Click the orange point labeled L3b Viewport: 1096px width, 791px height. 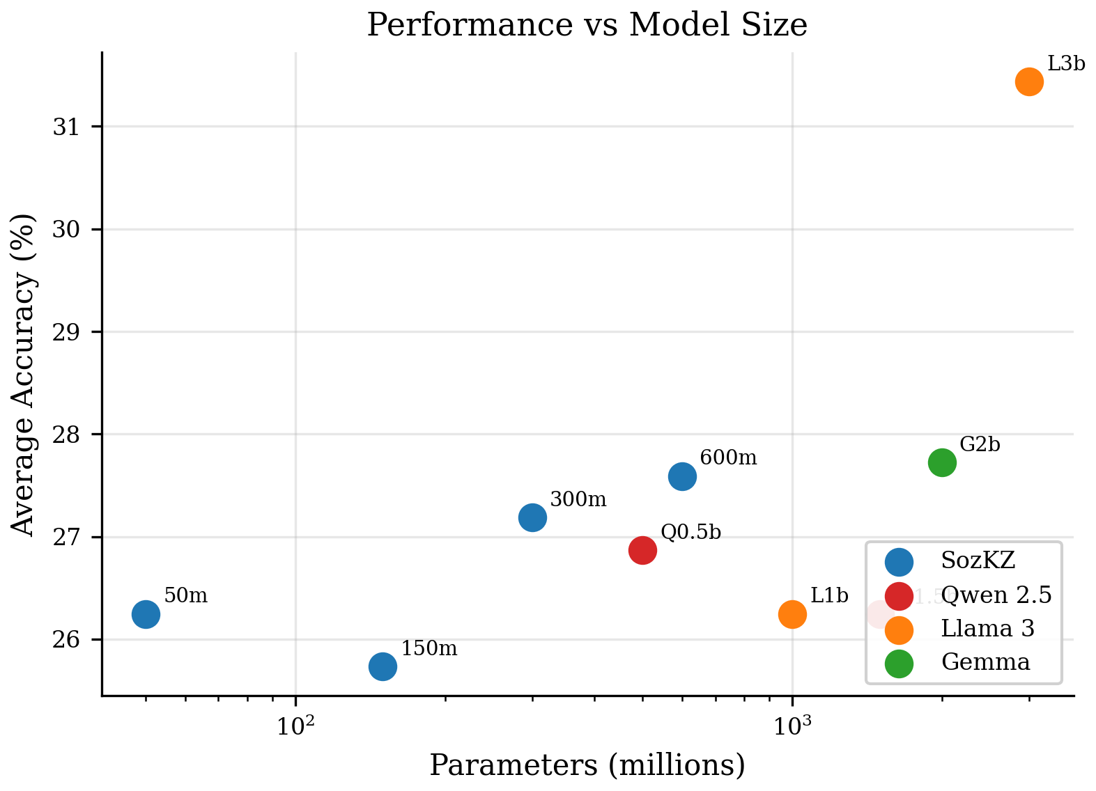tap(1029, 81)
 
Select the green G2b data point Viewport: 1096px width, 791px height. tap(942, 462)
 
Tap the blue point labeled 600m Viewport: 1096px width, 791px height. tap(682, 476)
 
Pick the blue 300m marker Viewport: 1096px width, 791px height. tap(532, 517)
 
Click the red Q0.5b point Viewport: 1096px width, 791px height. tap(642, 550)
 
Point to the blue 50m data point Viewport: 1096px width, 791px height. tap(146, 613)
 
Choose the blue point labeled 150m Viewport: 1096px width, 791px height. tap(383, 666)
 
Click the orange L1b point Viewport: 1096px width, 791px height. tap(792, 613)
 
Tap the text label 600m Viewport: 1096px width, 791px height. tap(728, 457)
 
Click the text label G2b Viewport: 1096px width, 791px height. tap(980, 444)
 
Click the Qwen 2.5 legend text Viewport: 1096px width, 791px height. tap(996, 595)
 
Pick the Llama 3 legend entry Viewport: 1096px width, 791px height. tap(987, 628)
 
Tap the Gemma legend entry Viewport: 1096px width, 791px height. tap(985, 661)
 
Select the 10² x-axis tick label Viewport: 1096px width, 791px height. tap(295, 726)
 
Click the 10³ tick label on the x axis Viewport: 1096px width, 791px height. tap(792, 726)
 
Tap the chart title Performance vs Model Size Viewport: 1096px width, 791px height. tap(587, 25)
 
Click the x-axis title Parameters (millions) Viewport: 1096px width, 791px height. tap(587, 765)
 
